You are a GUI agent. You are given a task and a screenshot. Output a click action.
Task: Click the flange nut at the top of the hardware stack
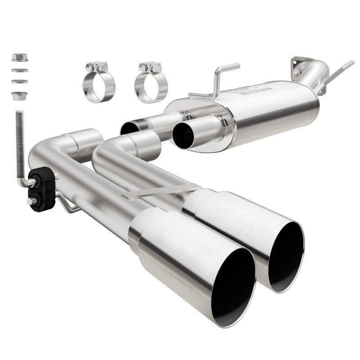click(19, 57)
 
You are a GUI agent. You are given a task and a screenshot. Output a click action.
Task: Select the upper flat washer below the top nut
click(19, 70)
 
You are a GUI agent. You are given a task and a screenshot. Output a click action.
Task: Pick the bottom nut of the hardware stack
click(19, 95)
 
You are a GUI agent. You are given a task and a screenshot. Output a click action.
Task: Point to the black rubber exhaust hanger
click(41, 189)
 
